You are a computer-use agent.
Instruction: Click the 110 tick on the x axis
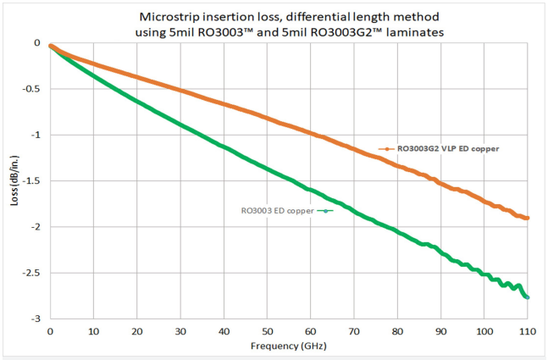point(527,330)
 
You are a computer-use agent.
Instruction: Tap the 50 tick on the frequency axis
point(267,330)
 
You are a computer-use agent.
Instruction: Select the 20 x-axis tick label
point(137,330)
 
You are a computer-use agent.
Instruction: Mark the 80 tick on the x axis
point(397,330)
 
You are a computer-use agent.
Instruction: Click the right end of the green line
point(528,296)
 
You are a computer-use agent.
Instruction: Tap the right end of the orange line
point(528,218)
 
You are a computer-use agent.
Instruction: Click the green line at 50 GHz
point(267,168)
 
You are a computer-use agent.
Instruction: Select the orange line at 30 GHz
point(180,89)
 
